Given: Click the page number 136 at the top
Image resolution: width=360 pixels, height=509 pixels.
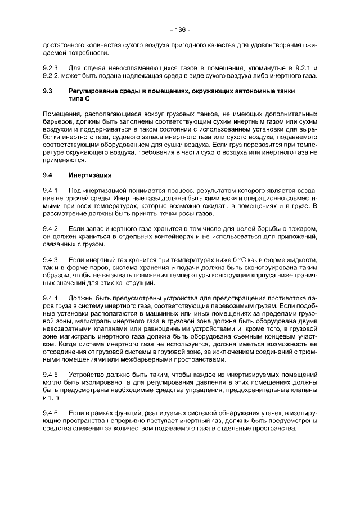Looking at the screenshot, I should click(180, 29).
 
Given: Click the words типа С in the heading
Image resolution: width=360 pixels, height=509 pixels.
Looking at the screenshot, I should click(79, 99).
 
